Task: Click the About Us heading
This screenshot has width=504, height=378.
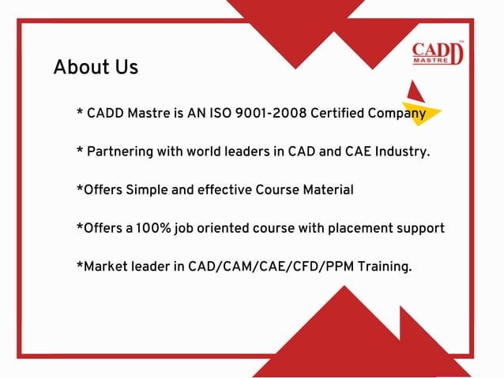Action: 96,67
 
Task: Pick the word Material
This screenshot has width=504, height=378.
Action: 325,190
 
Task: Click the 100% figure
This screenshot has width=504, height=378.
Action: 152,228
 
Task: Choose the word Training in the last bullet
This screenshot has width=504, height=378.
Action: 384,267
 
